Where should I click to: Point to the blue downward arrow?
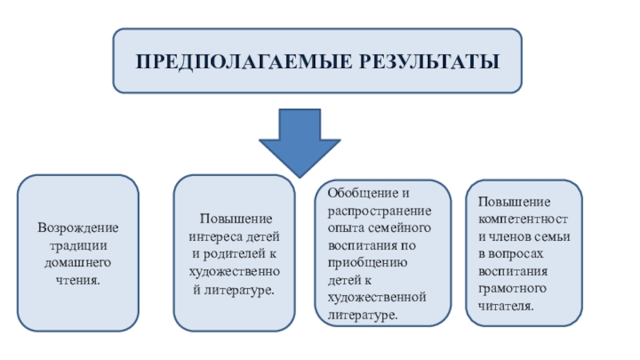tap(300, 140)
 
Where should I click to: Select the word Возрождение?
tap(78, 230)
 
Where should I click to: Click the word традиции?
tap(78, 246)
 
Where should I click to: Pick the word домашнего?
tap(78, 263)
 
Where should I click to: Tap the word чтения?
tap(78, 280)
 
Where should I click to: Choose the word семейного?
tap(401, 228)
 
